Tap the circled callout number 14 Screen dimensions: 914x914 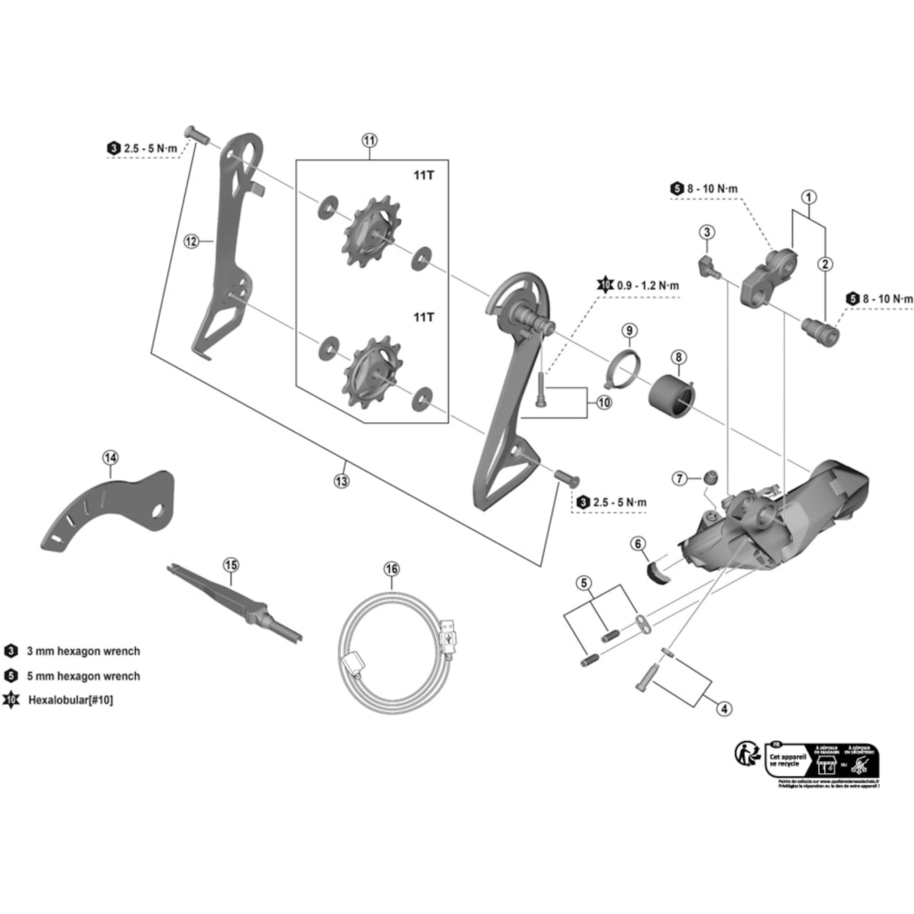tap(110, 457)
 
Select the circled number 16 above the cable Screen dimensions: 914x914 tap(392, 569)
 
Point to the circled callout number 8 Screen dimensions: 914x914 tap(678, 357)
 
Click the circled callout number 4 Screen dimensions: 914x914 tap(724, 708)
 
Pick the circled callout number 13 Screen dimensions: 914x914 tap(341, 481)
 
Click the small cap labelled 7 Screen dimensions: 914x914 tap(710, 478)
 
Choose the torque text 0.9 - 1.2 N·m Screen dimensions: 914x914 tap(648, 286)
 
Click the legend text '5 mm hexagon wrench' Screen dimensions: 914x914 tap(83, 676)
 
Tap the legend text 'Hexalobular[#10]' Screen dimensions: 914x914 tap(70, 700)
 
